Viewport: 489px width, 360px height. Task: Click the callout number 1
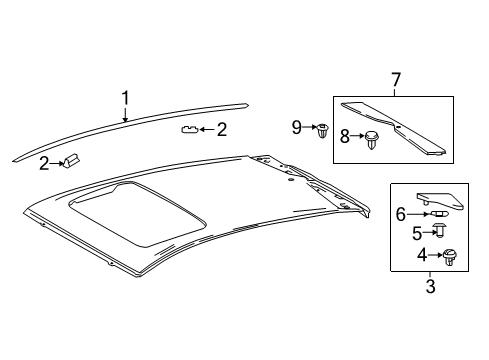(x=125, y=99)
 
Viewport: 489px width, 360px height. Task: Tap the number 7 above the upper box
(x=395, y=80)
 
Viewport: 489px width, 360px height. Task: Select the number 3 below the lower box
(x=430, y=286)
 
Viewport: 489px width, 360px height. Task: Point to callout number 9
(x=297, y=127)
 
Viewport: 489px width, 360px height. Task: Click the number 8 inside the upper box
(x=345, y=136)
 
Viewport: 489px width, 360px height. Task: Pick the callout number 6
(x=401, y=214)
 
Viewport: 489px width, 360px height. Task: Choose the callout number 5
(x=417, y=233)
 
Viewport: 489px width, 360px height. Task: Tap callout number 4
(x=422, y=256)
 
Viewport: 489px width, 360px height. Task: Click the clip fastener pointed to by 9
(x=322, y=131)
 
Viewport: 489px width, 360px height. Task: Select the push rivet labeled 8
(x=371, y=140)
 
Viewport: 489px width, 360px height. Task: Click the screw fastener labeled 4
(x=449, y=257)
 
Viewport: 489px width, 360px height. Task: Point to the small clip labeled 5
(x=440, y=231)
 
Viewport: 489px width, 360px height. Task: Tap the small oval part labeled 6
(x=440, y=214)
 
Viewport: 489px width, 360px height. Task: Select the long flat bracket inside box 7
(x=393, y=127)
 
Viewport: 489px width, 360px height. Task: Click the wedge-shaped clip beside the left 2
(x=71, y=161)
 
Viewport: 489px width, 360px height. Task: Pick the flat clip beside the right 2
(x=189, y=129)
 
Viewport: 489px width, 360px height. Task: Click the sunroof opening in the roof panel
(x=138, y=214)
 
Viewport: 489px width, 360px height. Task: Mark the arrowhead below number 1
(x=125, y=119)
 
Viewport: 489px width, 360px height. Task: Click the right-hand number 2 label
(x=222, y=129)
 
